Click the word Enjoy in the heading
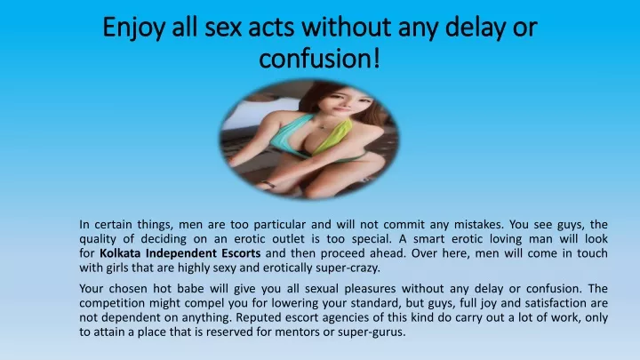coord(133,28)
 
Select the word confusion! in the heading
coord(320,58)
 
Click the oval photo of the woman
coord(309,139)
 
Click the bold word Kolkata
coord(120,253)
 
